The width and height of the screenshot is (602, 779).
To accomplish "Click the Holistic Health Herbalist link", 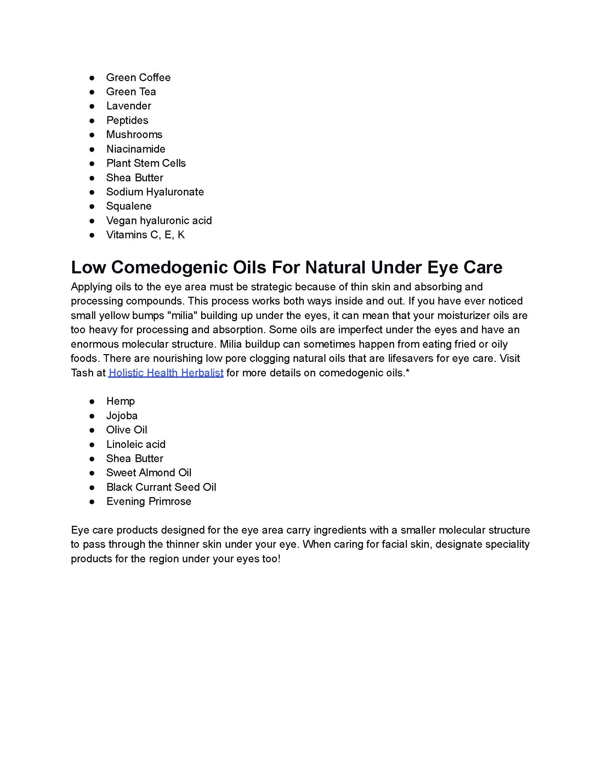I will coord(166,373).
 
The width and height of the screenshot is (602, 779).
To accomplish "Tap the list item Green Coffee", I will coord(138,78).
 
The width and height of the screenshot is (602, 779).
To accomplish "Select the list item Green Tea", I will coord(131,92).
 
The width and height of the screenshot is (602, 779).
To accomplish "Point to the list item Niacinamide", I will coord(136,149).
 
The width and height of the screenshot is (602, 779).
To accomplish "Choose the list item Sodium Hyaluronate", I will coord(155,192).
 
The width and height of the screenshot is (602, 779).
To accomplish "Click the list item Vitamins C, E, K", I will coord(146,235).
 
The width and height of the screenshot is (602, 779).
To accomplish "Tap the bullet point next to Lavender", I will coord(92,106).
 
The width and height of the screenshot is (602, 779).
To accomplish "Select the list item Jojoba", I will coord(121,416).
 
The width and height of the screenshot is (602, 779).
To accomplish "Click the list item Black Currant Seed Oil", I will coord(161,487).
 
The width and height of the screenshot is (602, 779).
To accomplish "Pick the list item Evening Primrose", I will coord(148,501).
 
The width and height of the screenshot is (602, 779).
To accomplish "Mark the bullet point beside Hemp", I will coord(92,402).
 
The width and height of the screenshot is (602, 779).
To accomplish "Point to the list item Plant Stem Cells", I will coord(146,163).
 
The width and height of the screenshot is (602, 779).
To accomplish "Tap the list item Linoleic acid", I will coord(136,444).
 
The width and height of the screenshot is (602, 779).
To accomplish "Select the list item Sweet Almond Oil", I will coord(149,473).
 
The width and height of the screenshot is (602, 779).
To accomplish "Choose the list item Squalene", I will coord(129,206).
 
